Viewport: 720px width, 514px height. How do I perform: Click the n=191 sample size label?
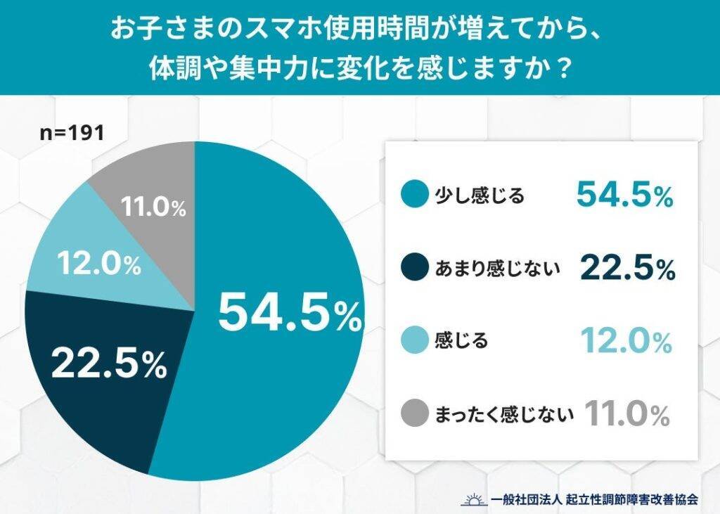[71, 132]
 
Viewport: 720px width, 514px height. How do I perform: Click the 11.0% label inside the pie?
[153, 207]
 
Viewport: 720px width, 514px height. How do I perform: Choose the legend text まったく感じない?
[506, 414]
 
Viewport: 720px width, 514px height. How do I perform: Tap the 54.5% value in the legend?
[624, 195]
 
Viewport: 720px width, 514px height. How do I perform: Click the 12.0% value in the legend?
[626, 341]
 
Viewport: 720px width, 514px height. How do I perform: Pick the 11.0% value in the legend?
[626, 414]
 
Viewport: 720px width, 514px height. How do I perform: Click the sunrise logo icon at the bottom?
[473, 499]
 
